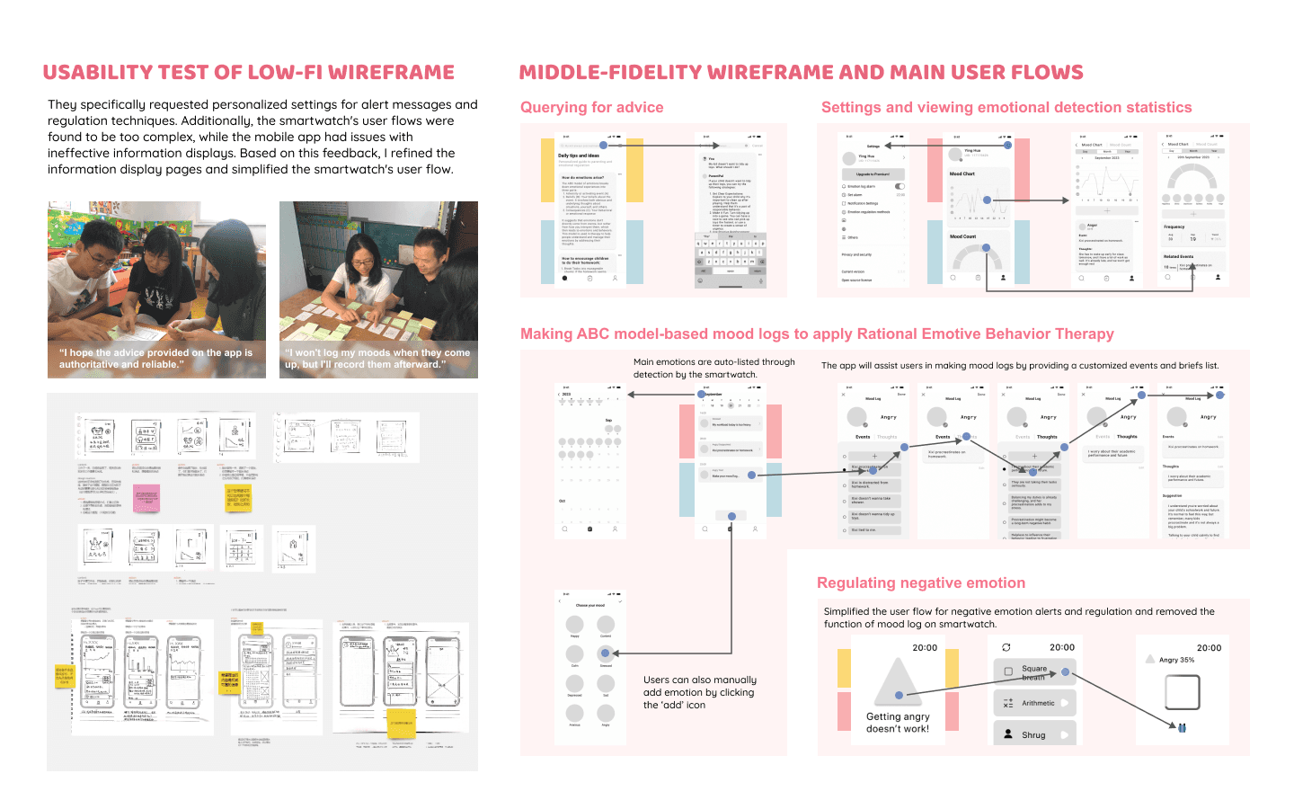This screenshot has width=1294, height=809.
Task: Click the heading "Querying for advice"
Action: tap(591, 108)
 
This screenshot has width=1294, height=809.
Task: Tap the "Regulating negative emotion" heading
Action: tap(920, 583)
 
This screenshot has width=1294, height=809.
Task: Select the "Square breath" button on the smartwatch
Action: tap(1033, 671)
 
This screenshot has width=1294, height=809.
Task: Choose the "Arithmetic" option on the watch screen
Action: tap(1034, 703)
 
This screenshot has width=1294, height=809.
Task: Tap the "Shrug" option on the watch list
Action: tap(1033, 735)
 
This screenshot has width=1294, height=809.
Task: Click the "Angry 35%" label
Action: tap(1176, 660)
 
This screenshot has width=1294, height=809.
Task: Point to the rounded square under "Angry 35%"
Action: tap(1182, 693)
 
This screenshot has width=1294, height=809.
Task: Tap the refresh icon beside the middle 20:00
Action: tap(1006, 647)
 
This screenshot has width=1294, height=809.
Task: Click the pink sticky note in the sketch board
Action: tap(146, 498)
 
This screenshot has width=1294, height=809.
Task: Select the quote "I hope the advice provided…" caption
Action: tap(155, 359)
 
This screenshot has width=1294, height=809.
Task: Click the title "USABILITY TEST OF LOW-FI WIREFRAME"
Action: tap(248, 73)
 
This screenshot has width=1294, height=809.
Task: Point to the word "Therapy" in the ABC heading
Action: tap(1085, 334)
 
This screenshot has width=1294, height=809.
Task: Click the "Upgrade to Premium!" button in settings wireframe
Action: tap(873, 174)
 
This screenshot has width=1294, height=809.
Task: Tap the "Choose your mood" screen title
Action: tap(590, 606)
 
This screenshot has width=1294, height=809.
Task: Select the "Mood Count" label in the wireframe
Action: tap(962, 236)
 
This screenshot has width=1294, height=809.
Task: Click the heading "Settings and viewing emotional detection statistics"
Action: tap(1006, 108)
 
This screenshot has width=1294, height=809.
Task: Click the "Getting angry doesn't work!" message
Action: tap(898, 723)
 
